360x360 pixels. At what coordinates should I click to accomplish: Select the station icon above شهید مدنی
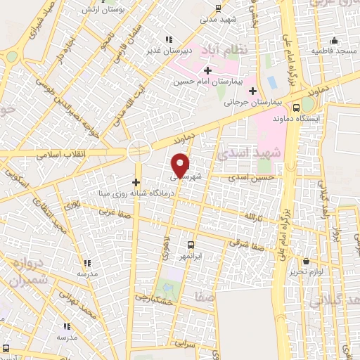[x=218, y=8]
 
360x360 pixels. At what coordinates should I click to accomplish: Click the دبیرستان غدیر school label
[x=166, y=51]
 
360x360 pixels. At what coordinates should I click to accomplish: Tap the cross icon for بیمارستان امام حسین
[x=207, y=70]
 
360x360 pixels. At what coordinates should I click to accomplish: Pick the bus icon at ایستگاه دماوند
[x=297, y=108]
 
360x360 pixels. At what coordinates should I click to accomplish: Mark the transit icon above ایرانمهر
[x=191, y=245]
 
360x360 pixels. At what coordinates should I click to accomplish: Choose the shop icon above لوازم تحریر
[x=306, y=261]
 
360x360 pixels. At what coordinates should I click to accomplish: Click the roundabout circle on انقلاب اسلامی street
[x=139, y=151]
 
